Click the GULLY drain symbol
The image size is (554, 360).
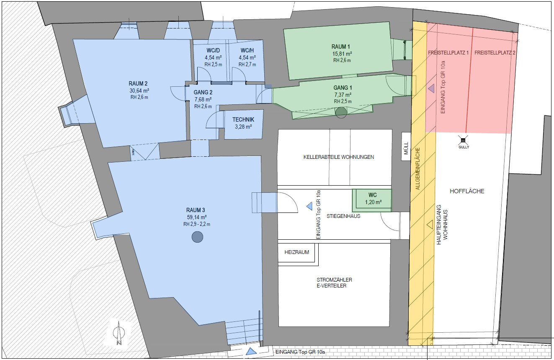pos(463,140)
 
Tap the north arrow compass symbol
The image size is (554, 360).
pos(119,333)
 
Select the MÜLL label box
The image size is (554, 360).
pos(406,147)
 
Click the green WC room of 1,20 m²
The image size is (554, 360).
pos(372,200)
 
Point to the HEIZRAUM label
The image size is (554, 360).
pos(296,252)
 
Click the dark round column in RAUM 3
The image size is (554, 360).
pos(197,237)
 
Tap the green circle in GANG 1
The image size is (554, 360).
pos(341,112)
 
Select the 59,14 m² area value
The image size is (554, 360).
pos(197,217)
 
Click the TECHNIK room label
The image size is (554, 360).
pos(243,119)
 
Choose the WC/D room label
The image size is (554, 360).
pos(213,51)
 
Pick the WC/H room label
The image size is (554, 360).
pos(247,51)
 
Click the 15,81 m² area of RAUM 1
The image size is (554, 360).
pos(342,54)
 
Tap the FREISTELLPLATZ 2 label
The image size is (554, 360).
pos(495,53)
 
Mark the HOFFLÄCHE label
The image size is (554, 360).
pos(467,191)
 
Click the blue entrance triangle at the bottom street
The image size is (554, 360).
pos(251,351)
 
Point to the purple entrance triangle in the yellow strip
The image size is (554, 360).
pos(431,88)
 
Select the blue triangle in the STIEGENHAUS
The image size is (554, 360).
pos(309,206)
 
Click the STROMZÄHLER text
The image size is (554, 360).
pos(335,280)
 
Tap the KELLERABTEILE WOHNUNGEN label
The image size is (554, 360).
pos(339,157)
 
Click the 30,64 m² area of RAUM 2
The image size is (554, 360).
pos(139,91)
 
